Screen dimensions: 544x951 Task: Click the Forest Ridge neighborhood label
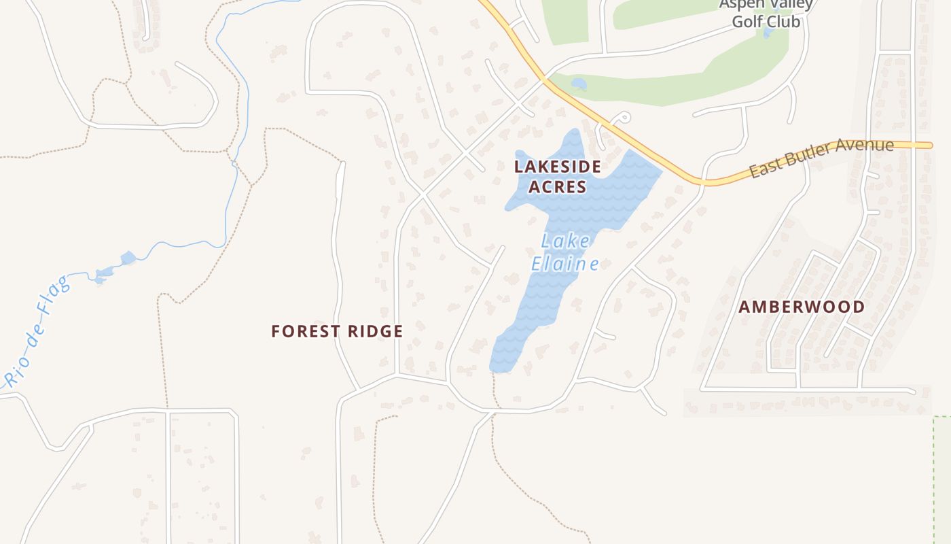(337, 331)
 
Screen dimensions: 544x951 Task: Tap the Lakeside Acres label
(557, 176)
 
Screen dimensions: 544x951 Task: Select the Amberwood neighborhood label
(802, 307)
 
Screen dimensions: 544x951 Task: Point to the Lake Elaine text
(564, 252)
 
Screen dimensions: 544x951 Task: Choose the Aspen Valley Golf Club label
(766, 13)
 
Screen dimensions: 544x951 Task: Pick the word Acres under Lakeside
(557, 187)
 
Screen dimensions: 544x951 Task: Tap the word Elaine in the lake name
(564, 264)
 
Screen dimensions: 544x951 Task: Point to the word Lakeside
(557, 166)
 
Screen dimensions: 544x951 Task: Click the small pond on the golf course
(579, 84)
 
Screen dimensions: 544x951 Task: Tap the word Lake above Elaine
(565, 241)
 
